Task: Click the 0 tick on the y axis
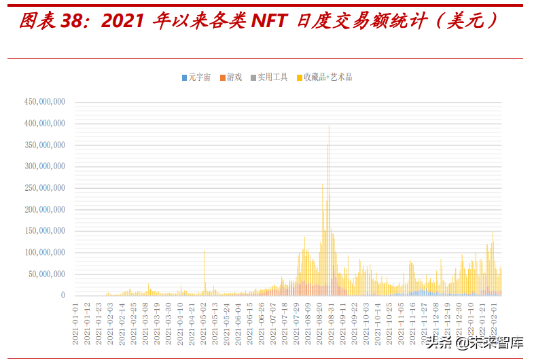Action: click(x=63, y=295)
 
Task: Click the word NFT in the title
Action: click(x=270, y=22)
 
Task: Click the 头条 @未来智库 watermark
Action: click(x=475, y=343)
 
